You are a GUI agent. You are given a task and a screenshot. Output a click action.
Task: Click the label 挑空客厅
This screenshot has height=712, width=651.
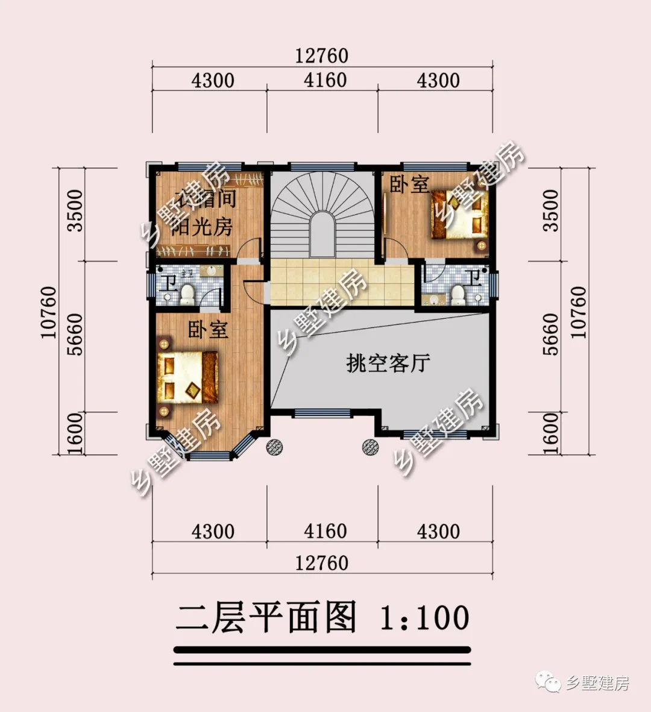pos(388,363)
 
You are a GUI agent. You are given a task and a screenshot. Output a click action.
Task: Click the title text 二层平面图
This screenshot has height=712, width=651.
pos(266,617)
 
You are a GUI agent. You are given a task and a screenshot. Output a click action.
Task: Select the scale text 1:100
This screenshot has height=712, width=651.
pos(424,618)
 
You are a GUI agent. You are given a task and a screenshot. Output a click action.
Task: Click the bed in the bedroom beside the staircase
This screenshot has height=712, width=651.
pos(459,214)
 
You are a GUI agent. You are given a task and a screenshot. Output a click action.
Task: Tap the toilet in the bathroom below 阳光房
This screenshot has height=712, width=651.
pos(187,294)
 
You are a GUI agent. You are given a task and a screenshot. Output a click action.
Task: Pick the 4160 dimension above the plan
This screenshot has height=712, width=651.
pos(325,80)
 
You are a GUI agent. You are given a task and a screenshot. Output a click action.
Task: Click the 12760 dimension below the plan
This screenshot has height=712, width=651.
pos(322,562)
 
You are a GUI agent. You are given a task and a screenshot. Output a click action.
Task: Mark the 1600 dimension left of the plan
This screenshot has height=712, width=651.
pos(74,433)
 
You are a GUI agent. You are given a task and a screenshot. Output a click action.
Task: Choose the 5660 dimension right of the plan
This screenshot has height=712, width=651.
pos(550,334)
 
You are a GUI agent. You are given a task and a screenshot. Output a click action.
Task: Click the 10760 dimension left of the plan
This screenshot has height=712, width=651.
pos(48,312)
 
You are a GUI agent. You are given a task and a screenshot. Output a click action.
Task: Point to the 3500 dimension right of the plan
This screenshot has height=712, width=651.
pos(550,210)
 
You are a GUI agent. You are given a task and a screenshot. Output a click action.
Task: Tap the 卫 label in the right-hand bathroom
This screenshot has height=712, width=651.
pos(475,278)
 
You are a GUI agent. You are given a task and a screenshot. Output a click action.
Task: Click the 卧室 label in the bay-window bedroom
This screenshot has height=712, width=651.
pos(208,330)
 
